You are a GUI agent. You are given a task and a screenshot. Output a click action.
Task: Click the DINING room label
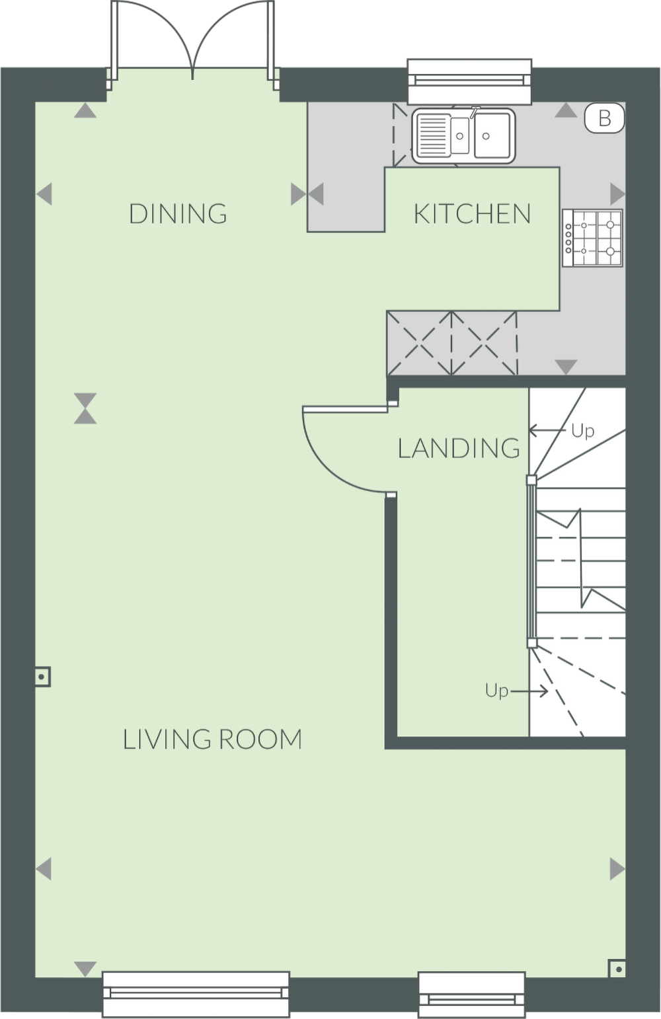(x=178, y=213)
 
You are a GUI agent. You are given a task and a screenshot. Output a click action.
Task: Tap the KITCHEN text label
(x=472, y=213)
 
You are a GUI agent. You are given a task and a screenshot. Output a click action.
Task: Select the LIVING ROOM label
(x=212, y=739)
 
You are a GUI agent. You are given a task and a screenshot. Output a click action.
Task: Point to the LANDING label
(x=459, y=448)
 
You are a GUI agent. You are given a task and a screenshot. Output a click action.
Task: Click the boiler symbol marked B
(x=604, y=118)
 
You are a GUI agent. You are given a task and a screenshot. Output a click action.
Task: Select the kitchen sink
(x=463, y=135)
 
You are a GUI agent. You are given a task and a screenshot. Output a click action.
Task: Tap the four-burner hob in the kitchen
(x=593, y=238)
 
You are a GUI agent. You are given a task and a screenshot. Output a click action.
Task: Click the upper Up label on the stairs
(x=582, y=431)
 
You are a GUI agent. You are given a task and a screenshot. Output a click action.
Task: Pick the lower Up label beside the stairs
(x=496, y=691)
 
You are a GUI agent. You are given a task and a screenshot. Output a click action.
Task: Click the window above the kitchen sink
(x=470, y=80)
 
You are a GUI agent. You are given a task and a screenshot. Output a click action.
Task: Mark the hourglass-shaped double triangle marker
(x=85, y=408)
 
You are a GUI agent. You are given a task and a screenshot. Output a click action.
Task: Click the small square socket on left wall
(x=42, y=677)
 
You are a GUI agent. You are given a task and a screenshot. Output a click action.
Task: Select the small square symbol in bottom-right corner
(x=617, y=969)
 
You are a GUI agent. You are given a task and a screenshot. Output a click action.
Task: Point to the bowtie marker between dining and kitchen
(x=307, y=194)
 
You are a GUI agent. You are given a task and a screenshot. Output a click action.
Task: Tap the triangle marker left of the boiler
(x=565, y=110)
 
